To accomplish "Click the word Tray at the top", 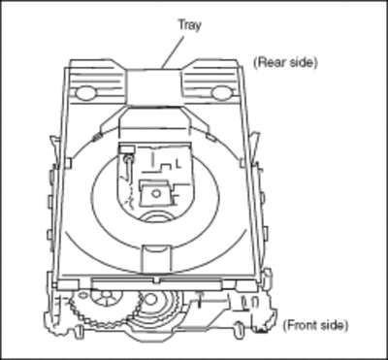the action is click(x=189, y=25).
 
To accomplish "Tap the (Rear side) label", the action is click(x=285, y=62).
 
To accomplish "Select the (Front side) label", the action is click(x=315, y=325).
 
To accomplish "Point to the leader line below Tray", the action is click(x=173, y=52).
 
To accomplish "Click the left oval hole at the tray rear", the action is click(x=85, y=93).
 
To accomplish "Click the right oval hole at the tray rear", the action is click(x=222, y=93).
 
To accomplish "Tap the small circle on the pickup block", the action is click(x=156, y=193).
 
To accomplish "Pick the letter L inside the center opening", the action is click(x=178, y=164).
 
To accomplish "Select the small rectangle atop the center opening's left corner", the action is click(x=127, y=149).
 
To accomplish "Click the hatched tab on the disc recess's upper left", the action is click(x=96, y=138).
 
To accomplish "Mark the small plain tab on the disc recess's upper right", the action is click(x=211, y=138).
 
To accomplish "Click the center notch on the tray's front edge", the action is click(x=157, y=279).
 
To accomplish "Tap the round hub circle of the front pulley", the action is click(x=150, y=300).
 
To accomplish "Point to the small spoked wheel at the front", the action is click(x=106, y=296).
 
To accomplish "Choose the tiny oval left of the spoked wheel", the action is click(x=83, y=294).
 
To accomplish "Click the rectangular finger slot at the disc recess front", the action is click(x=156, y=258).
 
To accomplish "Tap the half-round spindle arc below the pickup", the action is click(x=156, y=217).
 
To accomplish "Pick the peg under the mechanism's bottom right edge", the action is click(x=239, y=329).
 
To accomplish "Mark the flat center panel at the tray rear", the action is click(x=153, y=86).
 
